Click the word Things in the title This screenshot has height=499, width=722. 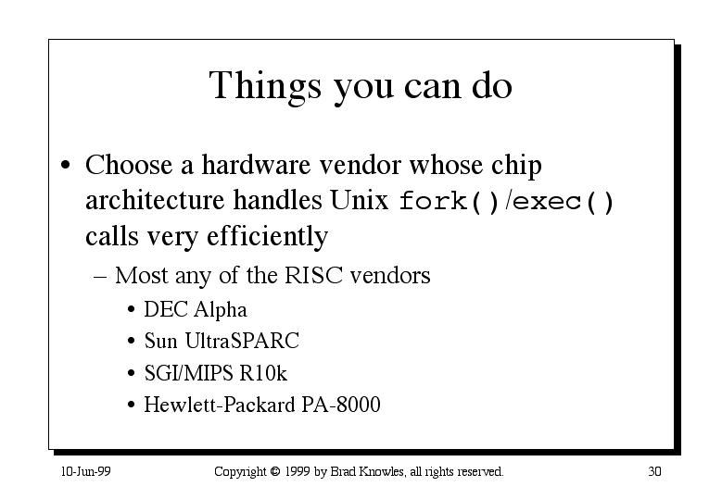265,86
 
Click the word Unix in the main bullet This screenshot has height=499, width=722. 360,200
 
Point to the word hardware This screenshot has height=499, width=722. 256,165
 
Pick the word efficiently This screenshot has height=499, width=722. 268,237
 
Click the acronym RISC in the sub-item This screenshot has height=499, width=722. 313,276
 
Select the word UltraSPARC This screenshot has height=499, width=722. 242,341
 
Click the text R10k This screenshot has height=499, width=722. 263,373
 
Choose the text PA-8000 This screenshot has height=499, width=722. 341,405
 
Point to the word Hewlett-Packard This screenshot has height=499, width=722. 220,405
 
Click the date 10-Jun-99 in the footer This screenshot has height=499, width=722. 85,471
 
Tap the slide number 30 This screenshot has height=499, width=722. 654,471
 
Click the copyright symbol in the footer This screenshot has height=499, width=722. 275,471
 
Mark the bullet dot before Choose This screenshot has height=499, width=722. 66,165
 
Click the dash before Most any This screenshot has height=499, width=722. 100,277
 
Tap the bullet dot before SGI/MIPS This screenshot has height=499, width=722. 132,373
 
